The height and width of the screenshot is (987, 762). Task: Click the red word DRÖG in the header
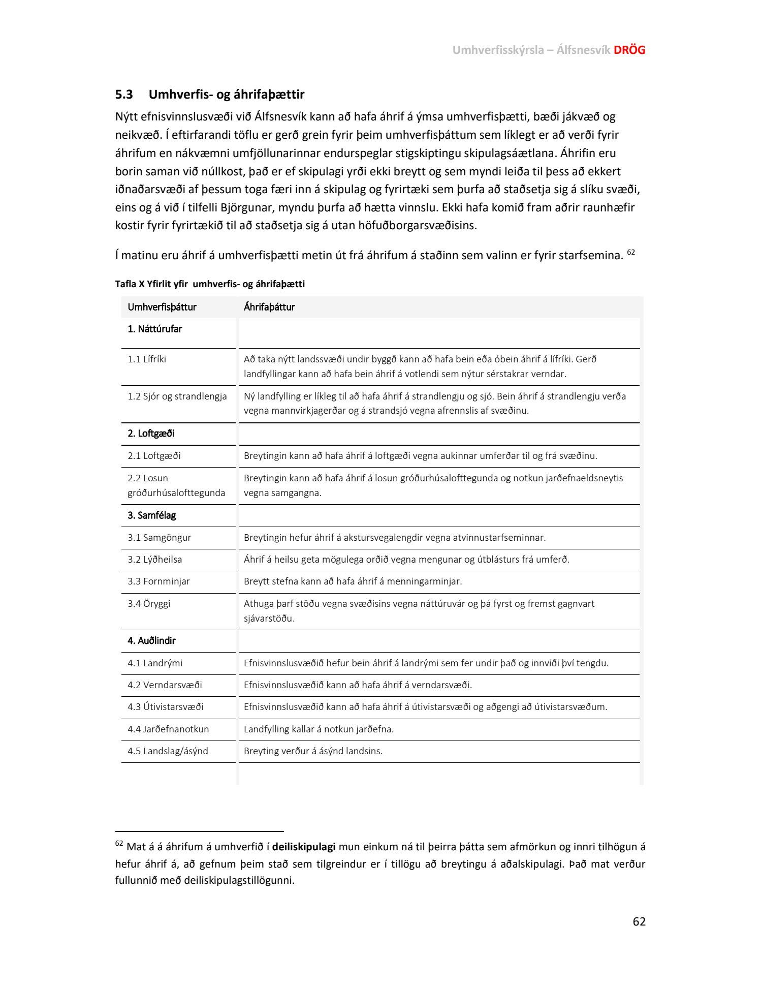(629, 50)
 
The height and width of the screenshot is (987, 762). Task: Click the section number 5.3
(124, 95)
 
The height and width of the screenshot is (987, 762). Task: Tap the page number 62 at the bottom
(639, 921)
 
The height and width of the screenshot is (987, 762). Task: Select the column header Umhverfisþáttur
(162, 307)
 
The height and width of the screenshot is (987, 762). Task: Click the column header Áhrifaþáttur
(269, 307)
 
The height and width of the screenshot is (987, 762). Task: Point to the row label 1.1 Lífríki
(147, 359)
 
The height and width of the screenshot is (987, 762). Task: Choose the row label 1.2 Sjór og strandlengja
(177, 396)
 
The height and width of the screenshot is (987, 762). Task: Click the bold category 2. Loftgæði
(151, 434)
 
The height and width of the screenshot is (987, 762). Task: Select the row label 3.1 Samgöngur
(159, 538)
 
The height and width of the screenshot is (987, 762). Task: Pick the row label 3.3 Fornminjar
(158, 581)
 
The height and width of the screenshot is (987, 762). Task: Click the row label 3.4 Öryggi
(149, 604)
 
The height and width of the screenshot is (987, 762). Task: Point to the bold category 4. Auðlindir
(151, 641)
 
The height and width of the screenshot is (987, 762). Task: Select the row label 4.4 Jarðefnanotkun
(168, 729)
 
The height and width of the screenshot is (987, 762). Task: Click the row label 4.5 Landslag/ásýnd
(168, 751)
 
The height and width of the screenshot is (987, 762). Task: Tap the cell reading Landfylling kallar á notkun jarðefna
(319, 729)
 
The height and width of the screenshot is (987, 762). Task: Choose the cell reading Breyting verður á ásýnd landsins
(313, 751)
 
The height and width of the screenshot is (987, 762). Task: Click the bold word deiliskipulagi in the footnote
(304, 847)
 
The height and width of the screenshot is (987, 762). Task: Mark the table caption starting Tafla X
(210, 284)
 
